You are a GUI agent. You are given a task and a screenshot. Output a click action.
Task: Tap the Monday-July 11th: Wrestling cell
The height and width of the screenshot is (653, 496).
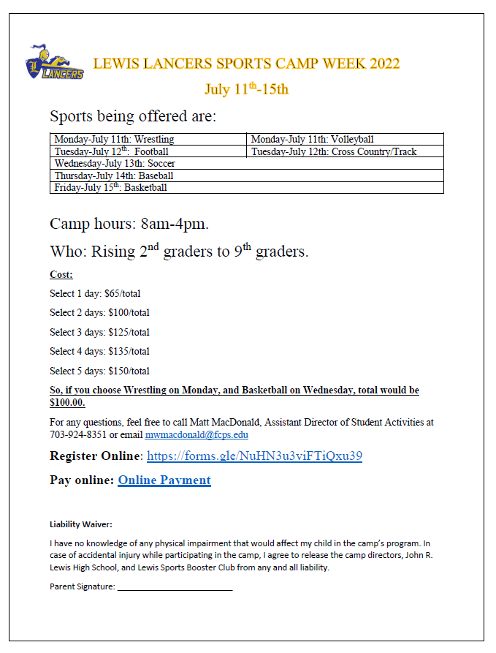114,139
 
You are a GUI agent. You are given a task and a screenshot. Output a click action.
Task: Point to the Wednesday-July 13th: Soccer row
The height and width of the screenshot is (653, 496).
115,163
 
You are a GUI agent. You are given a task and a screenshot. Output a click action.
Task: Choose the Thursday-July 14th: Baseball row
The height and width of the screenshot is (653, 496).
114,175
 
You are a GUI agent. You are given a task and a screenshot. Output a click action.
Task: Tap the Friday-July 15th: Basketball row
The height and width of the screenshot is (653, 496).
110,187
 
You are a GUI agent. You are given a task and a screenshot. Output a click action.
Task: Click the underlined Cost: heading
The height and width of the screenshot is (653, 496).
61,275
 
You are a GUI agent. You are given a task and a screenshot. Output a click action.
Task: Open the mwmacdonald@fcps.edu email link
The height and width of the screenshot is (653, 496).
197,434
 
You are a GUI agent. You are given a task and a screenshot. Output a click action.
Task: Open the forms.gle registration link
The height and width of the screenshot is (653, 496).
254,456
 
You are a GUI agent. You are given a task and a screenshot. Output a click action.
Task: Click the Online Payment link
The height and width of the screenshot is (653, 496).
164,480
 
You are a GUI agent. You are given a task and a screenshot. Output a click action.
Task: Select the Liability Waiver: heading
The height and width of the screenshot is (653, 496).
80,524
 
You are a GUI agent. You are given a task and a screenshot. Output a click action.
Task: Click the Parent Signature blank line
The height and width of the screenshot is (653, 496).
175,587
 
